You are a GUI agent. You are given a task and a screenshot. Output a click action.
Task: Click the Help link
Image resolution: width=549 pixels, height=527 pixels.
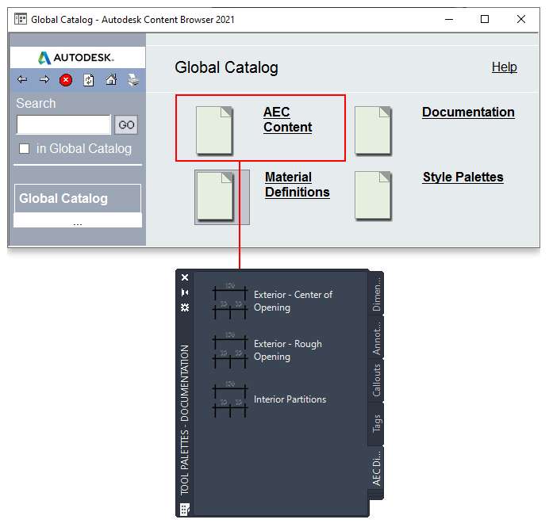pos(505,67)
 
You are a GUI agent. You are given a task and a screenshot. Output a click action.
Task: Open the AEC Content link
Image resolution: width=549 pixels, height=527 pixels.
pos(287,120)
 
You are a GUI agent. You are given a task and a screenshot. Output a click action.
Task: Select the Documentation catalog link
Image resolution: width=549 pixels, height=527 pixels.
pos(468,113)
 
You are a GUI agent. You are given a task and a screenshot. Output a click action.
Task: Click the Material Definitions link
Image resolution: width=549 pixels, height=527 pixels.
pos(297,185)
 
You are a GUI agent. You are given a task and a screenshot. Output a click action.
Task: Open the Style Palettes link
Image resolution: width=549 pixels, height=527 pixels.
pos(463,177)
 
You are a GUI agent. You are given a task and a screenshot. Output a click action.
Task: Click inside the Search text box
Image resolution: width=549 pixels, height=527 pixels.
pos(63,124)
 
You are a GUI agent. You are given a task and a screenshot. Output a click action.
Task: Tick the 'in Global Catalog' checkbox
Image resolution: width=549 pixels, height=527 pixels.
pos(24,149)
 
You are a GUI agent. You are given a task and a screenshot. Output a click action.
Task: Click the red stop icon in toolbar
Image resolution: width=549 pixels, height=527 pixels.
pos(66,80)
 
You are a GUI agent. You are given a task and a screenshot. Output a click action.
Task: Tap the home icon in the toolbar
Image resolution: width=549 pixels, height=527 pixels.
pos(111,80)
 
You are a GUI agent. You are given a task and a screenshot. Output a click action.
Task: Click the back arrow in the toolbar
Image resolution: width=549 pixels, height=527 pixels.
pos(22,80)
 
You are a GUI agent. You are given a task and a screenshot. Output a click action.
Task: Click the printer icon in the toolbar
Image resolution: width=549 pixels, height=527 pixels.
pos(133,80)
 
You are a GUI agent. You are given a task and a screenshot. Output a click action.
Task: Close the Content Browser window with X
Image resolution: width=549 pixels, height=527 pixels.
pos(521,19)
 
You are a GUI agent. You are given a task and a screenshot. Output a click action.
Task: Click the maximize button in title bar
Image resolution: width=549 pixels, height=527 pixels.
pos(485,19)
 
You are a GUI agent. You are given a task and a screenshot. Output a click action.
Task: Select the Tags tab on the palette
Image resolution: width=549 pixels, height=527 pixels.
pos(376,423)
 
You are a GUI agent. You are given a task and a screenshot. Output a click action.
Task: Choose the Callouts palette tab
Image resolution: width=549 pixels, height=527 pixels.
pos(376,380)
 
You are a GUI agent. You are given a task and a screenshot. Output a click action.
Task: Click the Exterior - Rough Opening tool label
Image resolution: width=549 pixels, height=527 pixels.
pos(288,350)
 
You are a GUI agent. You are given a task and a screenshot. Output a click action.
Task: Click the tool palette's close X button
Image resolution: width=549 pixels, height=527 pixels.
pos(185,277)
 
